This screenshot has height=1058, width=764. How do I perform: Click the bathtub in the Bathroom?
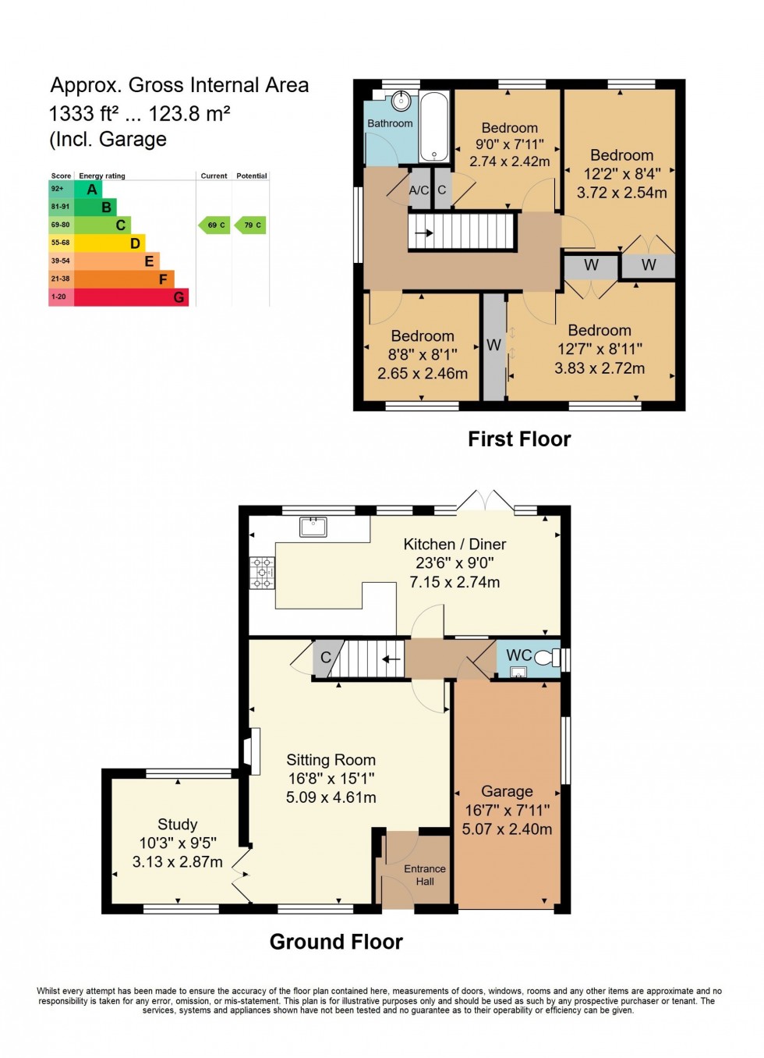434,126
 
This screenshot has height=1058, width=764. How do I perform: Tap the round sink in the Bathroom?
401,101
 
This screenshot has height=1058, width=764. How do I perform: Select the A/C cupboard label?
419,190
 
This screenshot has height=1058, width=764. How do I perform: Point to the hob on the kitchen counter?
262,573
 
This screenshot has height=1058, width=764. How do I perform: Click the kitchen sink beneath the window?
313,527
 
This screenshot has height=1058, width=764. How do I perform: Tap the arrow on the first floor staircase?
423,233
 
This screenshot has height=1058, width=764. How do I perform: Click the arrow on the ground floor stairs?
391,659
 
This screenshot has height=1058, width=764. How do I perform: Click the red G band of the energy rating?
130,297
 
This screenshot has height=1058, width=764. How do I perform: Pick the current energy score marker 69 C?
215,225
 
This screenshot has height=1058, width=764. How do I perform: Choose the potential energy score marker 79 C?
251,225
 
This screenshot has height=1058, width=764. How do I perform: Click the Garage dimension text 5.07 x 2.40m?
507,829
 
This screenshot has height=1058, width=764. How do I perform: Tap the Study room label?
177,825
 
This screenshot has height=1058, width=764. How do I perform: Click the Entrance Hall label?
425,875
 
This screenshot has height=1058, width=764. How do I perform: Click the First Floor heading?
519,439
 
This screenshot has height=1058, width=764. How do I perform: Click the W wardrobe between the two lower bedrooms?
494,345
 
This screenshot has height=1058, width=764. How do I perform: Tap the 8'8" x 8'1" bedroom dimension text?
423,355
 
